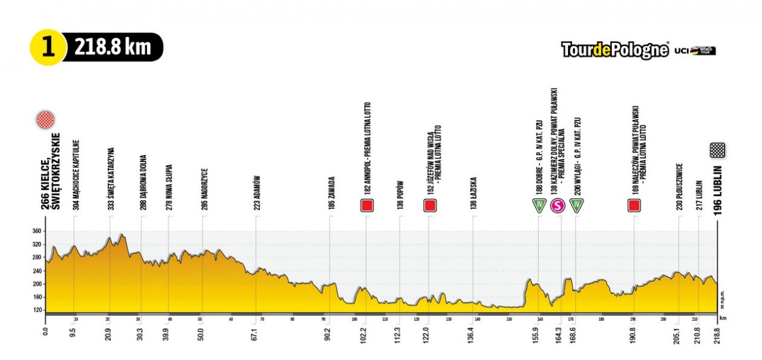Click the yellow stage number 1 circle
[48, 47]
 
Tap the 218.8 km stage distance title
[112, 47]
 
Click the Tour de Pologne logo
[614, 50]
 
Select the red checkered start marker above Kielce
[45, 120]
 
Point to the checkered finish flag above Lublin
[717, 150]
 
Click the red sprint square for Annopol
[366, 206]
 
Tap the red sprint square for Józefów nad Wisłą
[430, 206]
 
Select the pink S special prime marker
[558, 206]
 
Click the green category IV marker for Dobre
[538, 206]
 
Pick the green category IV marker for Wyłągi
[578, 206]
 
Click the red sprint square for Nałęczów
[634, 206]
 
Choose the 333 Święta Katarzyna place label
[111, 172]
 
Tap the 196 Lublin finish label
[717, 188]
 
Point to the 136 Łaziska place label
[474, 193]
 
